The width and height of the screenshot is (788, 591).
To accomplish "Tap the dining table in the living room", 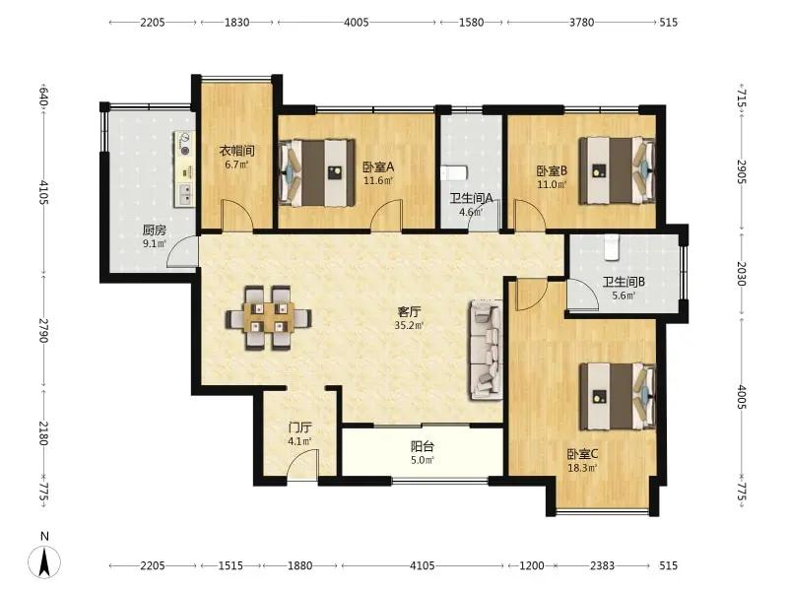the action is [x=268, y=317].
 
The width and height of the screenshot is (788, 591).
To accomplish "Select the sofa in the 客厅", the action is [x=486, y=350].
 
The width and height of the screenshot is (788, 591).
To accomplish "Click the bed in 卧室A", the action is [x=317, y=173].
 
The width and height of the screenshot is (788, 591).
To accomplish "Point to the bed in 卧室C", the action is [x=618, y=396].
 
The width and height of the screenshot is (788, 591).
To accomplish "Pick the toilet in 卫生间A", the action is [x=453, y=173].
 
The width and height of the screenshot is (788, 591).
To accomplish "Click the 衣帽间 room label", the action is [x=236, y=151].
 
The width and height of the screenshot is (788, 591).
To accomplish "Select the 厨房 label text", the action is [x=154, y=230].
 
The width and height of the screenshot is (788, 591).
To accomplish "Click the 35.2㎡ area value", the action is [x=409, y=325].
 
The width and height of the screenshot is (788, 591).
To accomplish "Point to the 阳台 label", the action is [x=423, y=446].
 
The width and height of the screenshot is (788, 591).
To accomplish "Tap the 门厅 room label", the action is [x=299, y=427].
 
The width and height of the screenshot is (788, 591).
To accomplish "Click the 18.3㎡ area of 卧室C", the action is [x=582, y=468].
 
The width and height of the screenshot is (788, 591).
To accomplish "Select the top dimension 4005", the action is [x=357, y=22].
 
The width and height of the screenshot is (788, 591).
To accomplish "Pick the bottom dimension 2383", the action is [x=602, y=565].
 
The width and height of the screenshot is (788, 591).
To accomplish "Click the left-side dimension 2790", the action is [x=42, y=330].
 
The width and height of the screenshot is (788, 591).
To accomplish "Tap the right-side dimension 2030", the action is [x=742, y=274].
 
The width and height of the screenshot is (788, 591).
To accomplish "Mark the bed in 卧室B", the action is [x=618, y=170].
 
